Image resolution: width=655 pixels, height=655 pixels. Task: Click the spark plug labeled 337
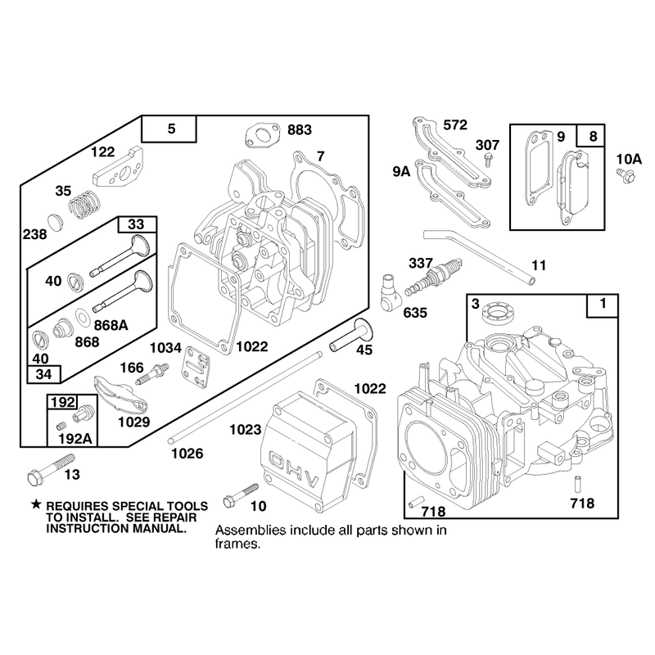pyautogui.click(x=433, y=276)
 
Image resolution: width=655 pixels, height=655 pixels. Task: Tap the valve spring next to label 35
pyautogui.click(x=85, y=205)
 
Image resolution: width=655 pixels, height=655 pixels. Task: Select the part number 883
pyautogui.click(x=300, y=130)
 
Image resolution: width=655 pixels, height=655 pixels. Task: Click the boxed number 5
pyautogui.click(x=171, y=129)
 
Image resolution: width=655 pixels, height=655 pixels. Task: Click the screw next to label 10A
pyautogui.click(x=626, y=175)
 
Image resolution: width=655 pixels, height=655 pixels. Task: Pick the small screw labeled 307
pyautogui.click(x=487, y=160)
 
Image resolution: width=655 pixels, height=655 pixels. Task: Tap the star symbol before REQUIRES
pyautogui.click(x=37, y=504)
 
